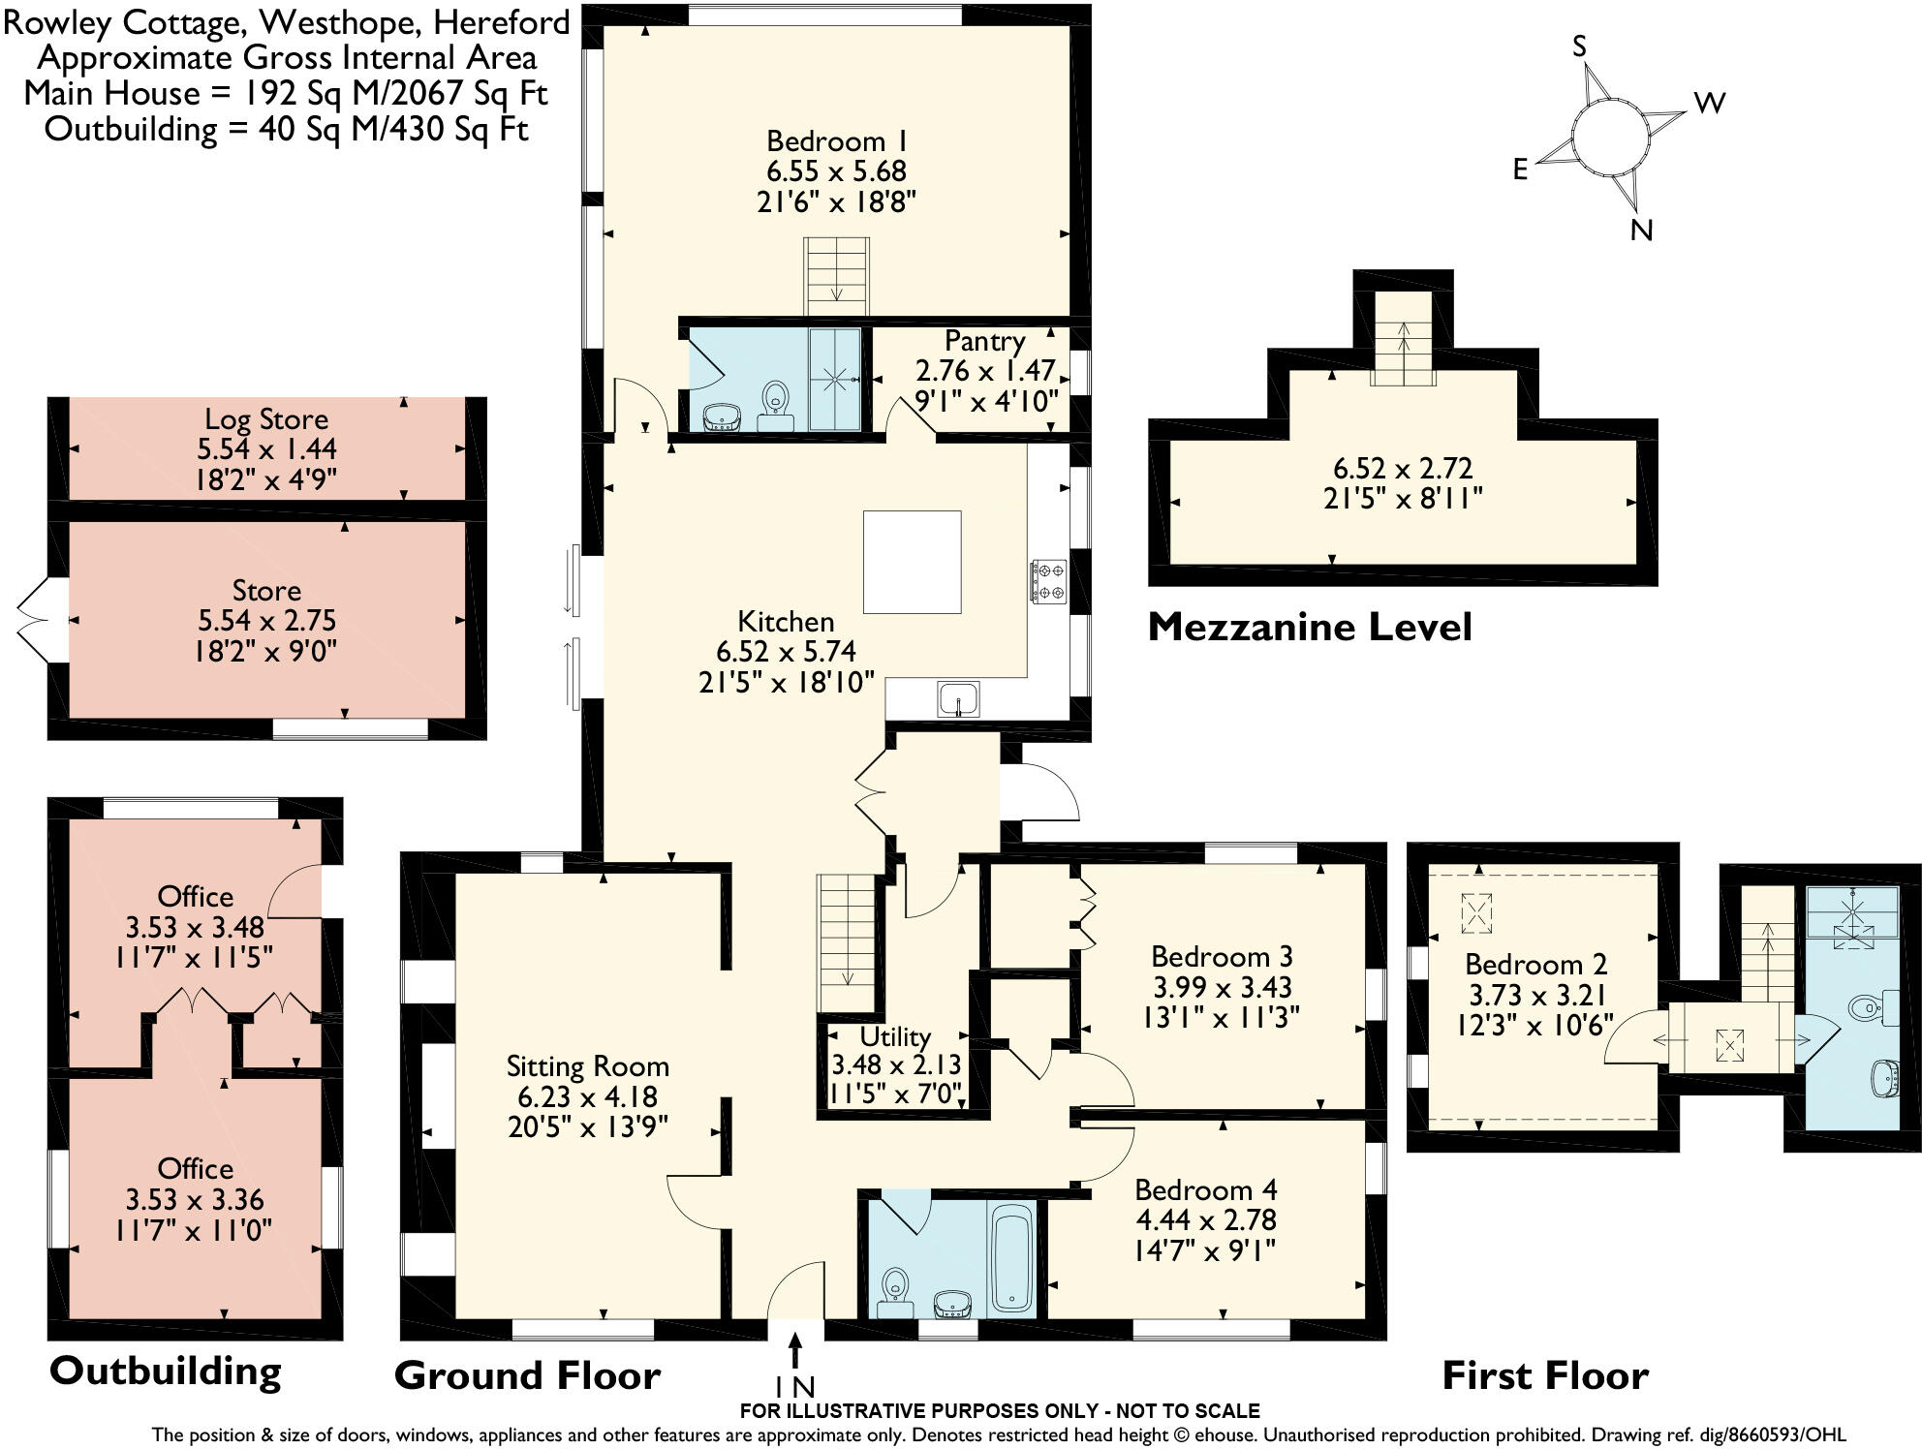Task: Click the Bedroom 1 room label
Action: click(x=836, y=141)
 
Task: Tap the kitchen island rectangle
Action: click(x=912, y=562)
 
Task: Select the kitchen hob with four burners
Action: click(x=1048, y=581)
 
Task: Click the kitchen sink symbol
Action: click(x=958, y=699)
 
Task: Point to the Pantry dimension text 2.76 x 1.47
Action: click(x=984, y=371)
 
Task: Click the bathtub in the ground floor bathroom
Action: click(x=1013, y=1257)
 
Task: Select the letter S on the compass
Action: click(x=1580, y=46)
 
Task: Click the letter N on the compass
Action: click(x=1641, y=231)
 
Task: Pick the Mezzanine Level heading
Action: click(x=1310, y=628)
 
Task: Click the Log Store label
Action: click(x=266, y=419)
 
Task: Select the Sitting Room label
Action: click(x=587, y=1066)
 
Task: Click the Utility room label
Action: click(x=894, y=1036)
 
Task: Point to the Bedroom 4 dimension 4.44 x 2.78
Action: click(x=1205, y=1219)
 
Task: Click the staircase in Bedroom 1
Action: click(x=835, y=276)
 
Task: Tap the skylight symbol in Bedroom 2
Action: click(x=1475, y=912)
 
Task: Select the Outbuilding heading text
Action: click(x=165, y=1372)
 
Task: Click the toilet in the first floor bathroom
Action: click(x=1865, y=1009)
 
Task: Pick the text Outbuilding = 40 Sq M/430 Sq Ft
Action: click(x=286, y=129)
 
